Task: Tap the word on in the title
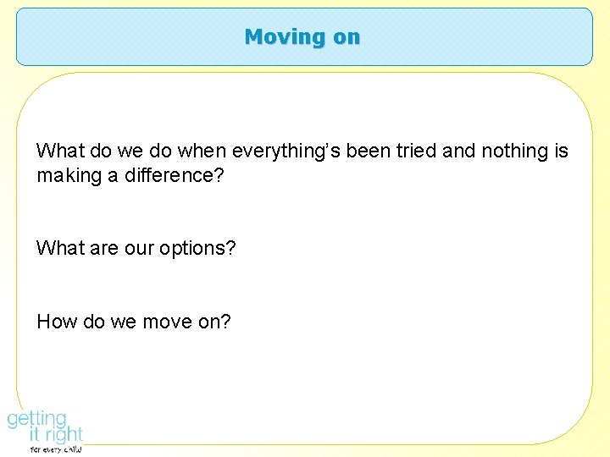coord(344,37)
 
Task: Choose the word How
coord(54,322)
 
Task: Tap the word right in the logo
coord(62,435)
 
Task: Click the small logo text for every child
coord(56,450)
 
